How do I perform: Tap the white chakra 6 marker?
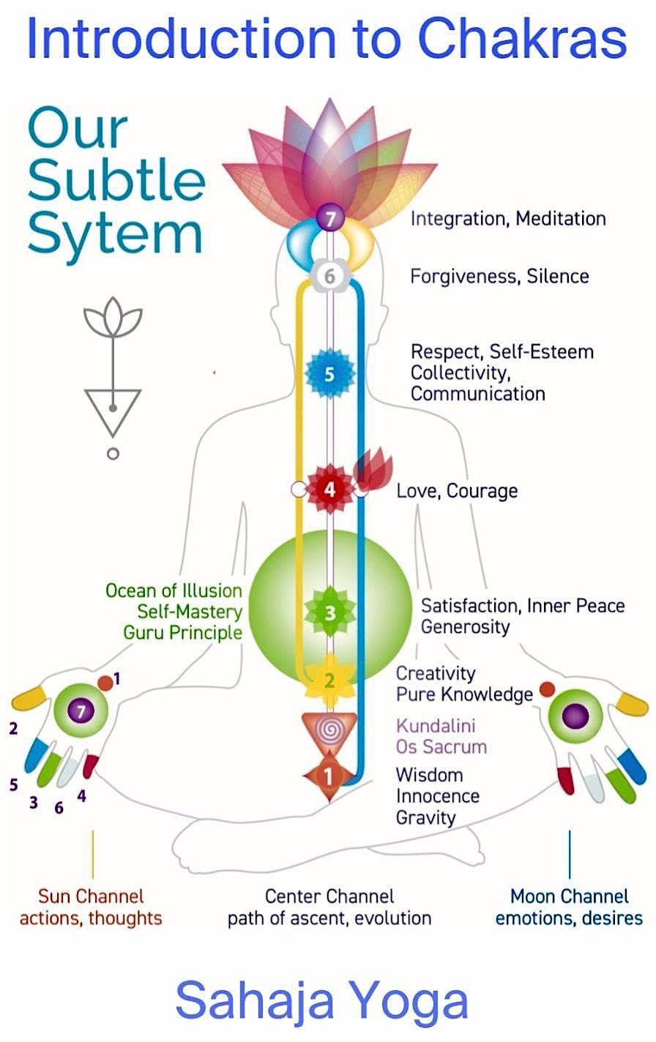tap(329, 277)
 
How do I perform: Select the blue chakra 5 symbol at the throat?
tap(329, 374)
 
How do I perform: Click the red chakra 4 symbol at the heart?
tap(329, 489)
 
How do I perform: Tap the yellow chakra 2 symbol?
tap(329, 681)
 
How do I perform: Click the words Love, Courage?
tap(457, 490)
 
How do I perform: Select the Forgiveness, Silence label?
tap(499, 277)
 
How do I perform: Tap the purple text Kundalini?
tap(436, 726)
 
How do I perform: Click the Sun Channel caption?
tap(91, 896)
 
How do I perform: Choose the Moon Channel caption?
tap(569, 896)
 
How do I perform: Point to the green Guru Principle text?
tap(182, 632)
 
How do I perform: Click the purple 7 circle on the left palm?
tap(81, 709)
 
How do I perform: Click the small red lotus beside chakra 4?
tap(373, 472)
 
